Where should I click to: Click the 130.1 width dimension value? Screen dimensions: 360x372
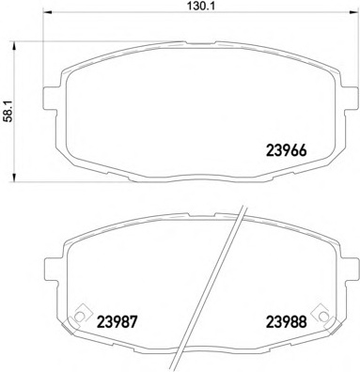tap(197, 6)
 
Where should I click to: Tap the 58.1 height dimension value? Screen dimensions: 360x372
tap(8, 112)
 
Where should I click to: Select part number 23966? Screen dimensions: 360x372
tap(286, 150)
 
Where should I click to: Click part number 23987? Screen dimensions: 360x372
tap(117, 321)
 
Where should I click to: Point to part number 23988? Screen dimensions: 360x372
tap(286, 321)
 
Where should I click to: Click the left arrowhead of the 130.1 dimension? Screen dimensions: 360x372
tap(46, 12)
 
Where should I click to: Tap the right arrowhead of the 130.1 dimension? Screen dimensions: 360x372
tap(353, 12)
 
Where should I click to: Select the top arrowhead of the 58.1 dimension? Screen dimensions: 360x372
tap(13, 46)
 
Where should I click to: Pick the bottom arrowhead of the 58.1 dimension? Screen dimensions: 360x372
tap(13, 177)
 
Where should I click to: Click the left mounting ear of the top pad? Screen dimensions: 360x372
tap(50, 98)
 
